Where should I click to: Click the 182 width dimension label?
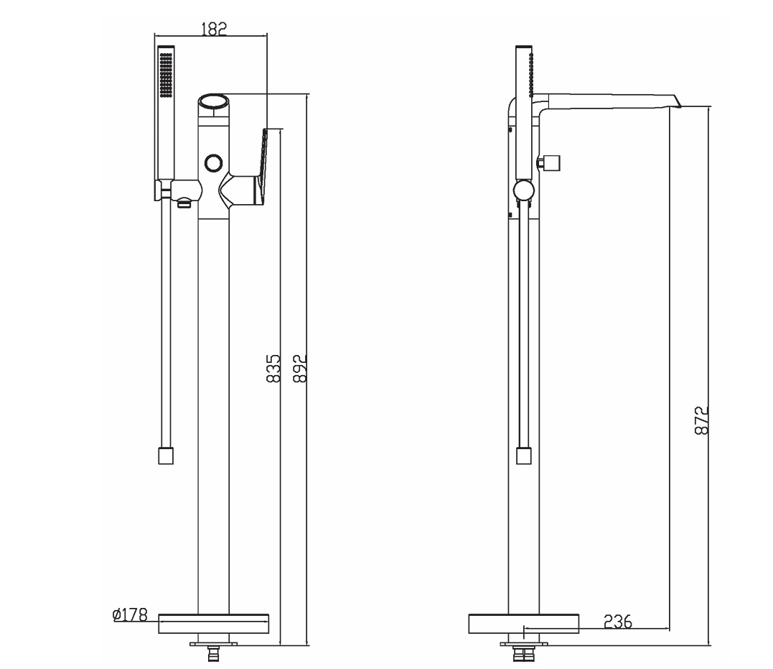[x=213, y=28]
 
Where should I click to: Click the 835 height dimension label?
[x=273, y=368]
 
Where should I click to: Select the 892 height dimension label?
[x=300, y=368]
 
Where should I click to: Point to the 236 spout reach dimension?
[x=617, y=622]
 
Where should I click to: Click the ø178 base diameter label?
[x=130, y=615]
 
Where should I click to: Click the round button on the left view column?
[x=213, y=163]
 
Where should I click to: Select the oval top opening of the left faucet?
[x=213, y=101]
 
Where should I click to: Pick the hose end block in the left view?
[x=166, y=456]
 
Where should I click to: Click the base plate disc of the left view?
[x=213, y=622]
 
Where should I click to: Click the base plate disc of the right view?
[x=523, y=623]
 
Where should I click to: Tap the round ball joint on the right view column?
[x=524, y=191]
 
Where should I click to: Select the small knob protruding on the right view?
[x=551, y=163]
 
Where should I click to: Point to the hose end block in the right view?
[x=524, y=456]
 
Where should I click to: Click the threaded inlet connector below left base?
[x=212, y=655]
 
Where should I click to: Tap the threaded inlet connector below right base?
[x=523, y=655]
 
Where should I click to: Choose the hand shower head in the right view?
[x=525, y=72]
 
